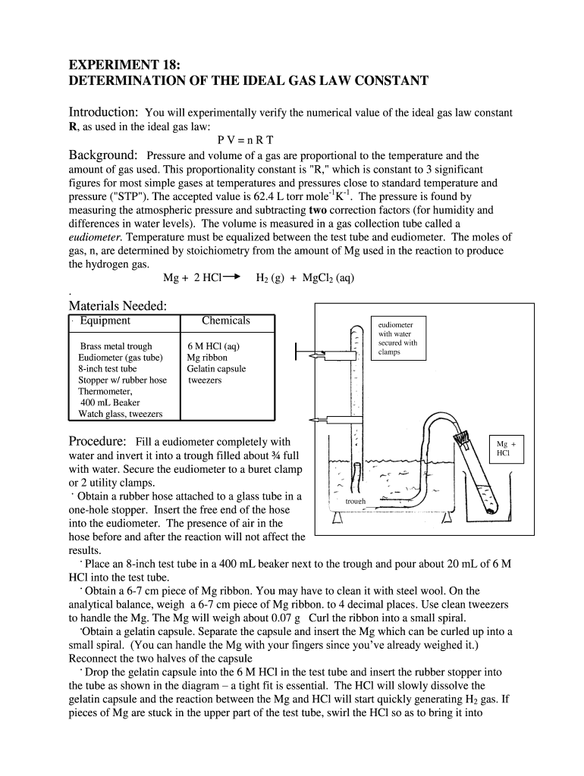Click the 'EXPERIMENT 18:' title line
119,64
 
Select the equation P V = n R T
245,141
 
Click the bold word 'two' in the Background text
320,210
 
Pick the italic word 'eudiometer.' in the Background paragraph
96,237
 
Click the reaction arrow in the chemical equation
232,277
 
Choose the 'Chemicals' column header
226,321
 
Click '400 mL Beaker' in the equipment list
109,402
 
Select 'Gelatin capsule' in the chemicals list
216,369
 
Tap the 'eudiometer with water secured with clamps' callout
397,338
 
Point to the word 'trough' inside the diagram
356,502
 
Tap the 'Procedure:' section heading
97,442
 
